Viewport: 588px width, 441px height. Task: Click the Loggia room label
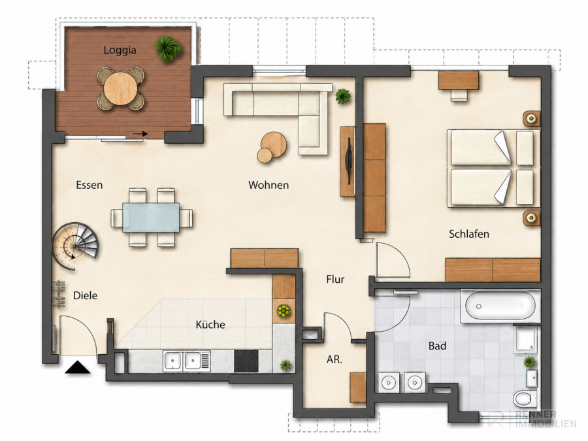click(120, 50)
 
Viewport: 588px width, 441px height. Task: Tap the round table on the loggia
click(120, 88)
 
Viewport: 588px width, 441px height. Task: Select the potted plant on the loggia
click(168, 48)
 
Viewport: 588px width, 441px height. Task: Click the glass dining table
click(151, 218)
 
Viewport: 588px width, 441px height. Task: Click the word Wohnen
click(269, 185)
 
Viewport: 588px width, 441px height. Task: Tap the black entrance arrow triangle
click(78, 367)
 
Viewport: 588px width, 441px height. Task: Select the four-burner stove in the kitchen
click(246, 361)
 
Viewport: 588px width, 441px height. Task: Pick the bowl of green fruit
click(284, 310)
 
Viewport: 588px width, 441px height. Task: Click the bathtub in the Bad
click(500, 306)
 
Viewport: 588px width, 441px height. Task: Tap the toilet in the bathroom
click(525, 399)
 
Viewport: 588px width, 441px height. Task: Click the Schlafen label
click(469, 234)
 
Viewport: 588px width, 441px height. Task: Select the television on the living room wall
click(349, 161)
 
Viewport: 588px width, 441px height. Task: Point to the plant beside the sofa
click(343, 97)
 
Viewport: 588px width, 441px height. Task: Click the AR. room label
click(335, 359)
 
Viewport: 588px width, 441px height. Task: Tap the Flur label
click(335, 280)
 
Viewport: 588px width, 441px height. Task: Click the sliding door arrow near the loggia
click(140, 134)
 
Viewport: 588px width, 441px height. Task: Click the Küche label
click(210, 324)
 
